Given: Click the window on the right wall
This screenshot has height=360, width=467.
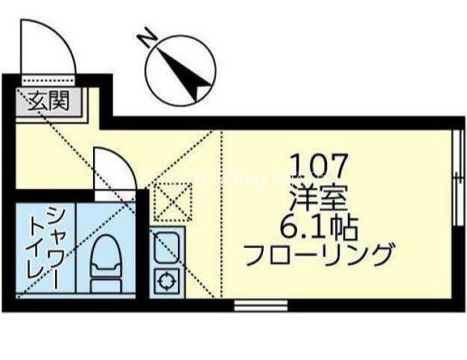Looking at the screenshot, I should pos(455,183).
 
